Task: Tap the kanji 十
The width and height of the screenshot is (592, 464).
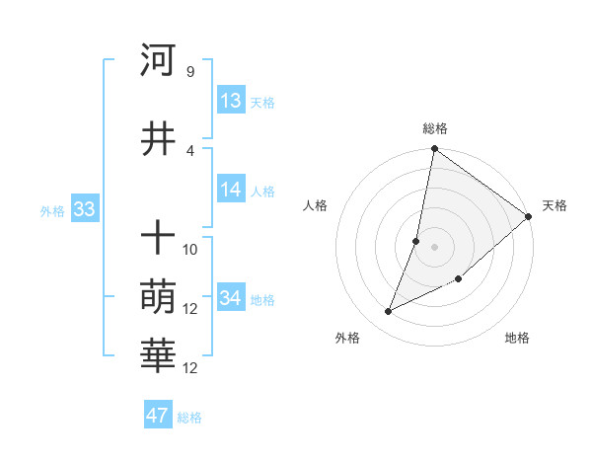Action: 158,238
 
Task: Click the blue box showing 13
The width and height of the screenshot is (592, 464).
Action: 231,101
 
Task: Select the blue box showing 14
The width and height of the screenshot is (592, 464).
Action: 231,190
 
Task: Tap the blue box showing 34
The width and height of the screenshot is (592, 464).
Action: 231,298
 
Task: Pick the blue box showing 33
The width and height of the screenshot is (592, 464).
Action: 83,209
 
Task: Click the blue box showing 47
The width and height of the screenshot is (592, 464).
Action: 158,416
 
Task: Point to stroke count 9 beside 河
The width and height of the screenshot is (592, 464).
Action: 189,71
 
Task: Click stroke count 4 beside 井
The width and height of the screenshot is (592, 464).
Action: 189,150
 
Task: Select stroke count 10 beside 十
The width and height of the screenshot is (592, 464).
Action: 190,249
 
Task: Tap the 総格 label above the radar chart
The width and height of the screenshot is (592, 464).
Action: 435,128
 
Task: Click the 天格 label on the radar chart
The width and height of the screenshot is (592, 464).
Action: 555,205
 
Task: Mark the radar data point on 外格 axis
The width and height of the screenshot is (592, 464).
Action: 389,311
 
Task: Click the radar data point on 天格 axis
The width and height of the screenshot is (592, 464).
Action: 529,217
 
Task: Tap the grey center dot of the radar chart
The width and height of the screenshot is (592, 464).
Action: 435,247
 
